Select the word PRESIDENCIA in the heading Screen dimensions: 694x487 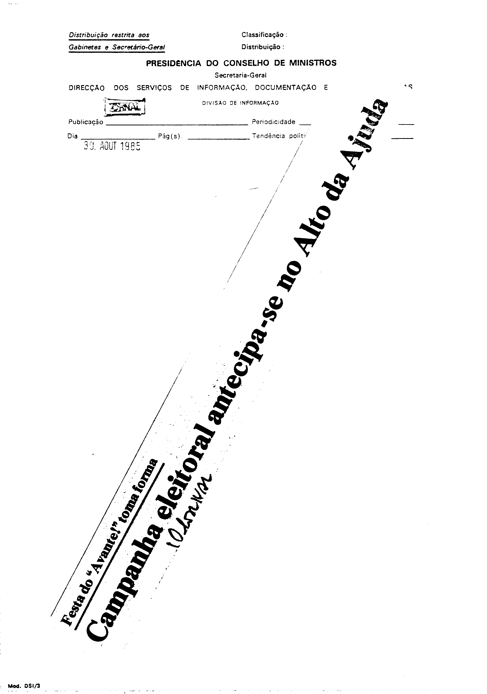[x=173, y=63]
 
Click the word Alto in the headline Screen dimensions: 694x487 [x=317, y=230]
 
